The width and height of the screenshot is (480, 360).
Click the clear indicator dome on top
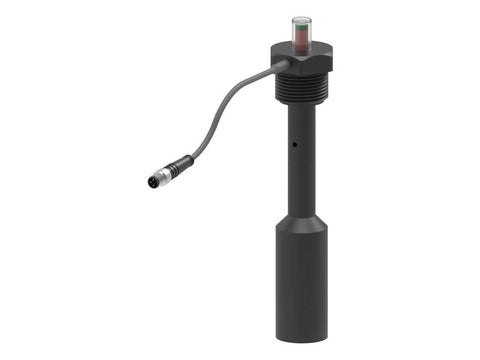[x=301, y=30]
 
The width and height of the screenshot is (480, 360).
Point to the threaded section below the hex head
[x=301, y=87]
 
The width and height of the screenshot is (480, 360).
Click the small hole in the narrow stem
[x=295, y=145]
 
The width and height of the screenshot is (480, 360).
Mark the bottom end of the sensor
[x=301, y=337]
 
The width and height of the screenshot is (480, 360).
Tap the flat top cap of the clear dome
[x=301, y=18]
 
